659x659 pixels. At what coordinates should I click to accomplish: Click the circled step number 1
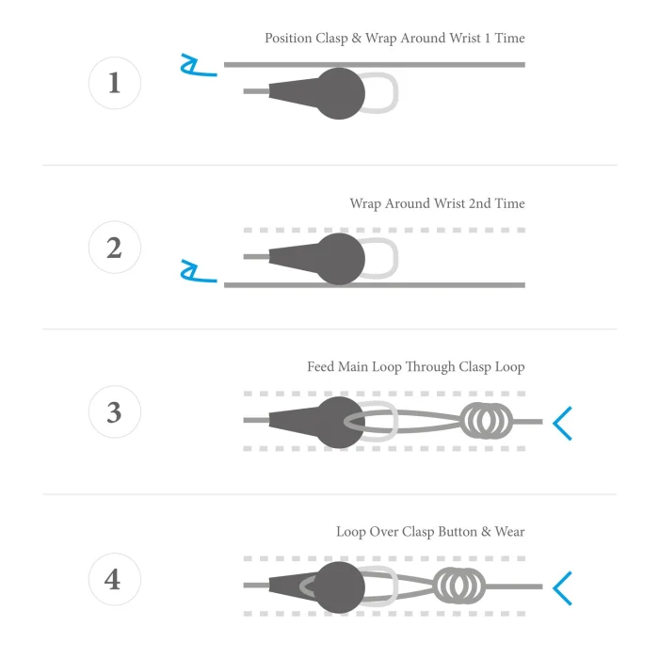[x=115, y=83]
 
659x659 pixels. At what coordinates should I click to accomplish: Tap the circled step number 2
[x=115, y=247]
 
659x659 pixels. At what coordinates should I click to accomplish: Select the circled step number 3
[x=115, y=412]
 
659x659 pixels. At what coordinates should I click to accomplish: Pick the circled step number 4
[x=115, y=579]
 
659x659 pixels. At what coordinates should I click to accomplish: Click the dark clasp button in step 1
[x=339, y=93]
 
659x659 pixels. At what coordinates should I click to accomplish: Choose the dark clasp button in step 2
[x=339, y=259]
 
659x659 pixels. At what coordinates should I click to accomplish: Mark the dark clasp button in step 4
[x=339, y=587]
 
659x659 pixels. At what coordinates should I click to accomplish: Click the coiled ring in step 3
[x=487, y=421]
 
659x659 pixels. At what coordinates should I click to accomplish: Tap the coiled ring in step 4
[x=459, y=586]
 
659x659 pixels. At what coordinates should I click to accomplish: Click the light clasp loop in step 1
[x=395, y=93]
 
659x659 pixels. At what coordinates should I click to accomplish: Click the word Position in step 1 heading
[x=288, y=39]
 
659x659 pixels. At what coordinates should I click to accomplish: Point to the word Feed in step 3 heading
[x=321, y=366]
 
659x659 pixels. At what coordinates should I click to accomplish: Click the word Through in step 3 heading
[x=430, y=367]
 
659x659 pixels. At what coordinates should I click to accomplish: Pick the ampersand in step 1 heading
[x=357, y=38]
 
